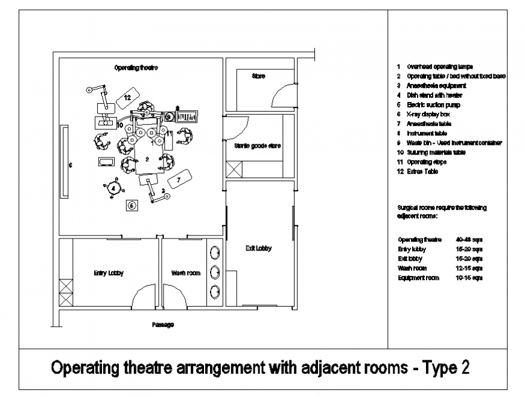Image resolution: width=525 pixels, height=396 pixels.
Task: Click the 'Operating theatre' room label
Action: tap(136, 68)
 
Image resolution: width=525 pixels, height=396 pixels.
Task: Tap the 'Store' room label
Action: tap(258, 76)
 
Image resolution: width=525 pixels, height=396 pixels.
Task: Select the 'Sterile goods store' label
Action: tap(258, 146)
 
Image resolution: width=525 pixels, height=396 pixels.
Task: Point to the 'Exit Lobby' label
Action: tap(259, 248)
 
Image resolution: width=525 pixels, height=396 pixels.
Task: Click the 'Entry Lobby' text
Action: tap(109, 273)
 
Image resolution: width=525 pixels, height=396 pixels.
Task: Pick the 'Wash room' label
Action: tap(185, 273)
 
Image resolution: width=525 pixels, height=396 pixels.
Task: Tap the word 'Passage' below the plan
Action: tap(163, 325)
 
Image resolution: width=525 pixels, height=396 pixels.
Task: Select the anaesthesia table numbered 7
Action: tap(179, 178)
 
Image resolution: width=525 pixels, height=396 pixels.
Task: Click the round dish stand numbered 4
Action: tap(113, 188)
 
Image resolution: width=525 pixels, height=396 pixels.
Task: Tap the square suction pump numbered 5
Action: tap(132, 205)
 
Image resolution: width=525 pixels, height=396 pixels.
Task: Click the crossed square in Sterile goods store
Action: tap(233, 169)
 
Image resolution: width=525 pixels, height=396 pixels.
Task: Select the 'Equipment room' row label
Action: tap(419, 278)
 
